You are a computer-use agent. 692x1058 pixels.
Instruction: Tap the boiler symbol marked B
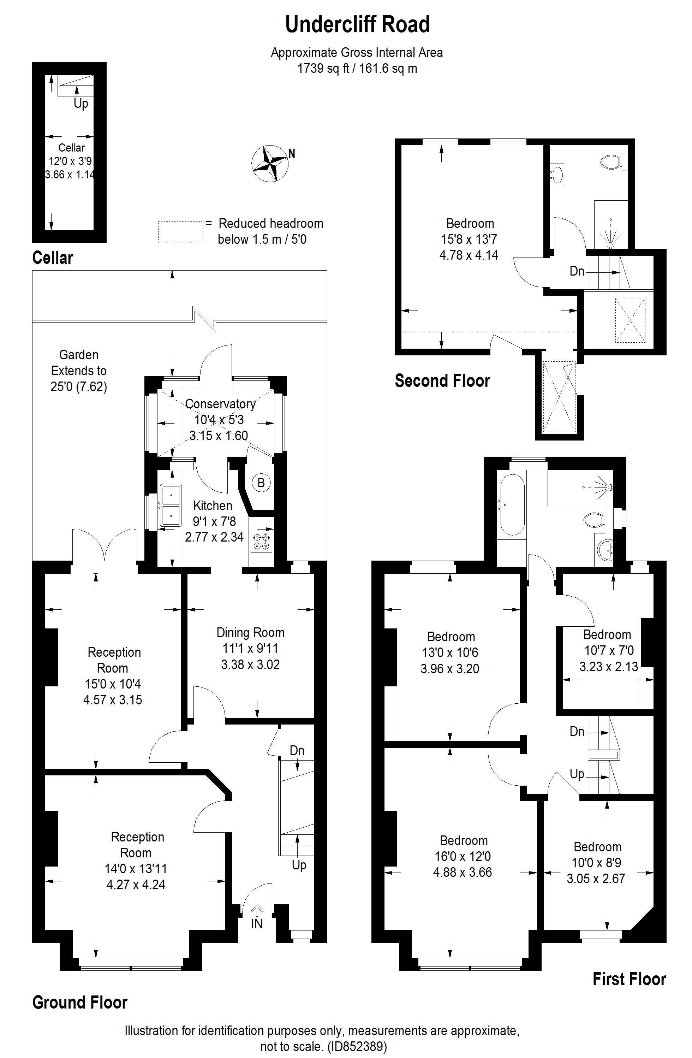(x=261, y=482)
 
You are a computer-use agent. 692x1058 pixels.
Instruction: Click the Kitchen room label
(x=213, y=506)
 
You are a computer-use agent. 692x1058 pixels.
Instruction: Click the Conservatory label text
(x=220, y=404)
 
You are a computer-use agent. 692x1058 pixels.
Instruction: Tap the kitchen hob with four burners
(x=262, y=541)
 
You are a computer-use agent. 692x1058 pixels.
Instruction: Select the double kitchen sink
(x=171, y=505)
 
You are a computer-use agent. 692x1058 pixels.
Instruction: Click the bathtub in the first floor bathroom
(x=513, y=504)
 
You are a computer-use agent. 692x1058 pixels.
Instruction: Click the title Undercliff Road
(x=358, y=24)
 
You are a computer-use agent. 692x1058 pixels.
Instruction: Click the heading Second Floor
(x=442, y=381)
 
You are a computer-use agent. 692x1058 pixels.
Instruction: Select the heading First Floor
(x=630, y=979)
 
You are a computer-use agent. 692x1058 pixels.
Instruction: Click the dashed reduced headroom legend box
(x=181, y=232)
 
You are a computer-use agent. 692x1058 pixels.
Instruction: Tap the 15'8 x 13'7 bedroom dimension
(x=469, y=239)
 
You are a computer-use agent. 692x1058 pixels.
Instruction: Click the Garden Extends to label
(x=79, y=363)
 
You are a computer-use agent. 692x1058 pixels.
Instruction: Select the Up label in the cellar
(x=81, y=104)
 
